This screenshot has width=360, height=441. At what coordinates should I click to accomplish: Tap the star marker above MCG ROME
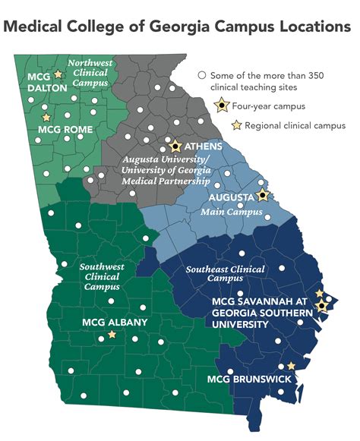click(x=46, y=118)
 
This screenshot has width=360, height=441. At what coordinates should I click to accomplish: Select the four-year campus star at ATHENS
click(x=175, y=144)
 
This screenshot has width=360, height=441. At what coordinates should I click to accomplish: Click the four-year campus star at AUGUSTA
click(x=263, y=195)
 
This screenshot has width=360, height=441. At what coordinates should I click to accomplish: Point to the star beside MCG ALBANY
click(x=112, y=334)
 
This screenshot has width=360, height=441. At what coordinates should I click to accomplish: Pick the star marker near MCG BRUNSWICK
click(x=291, y=366)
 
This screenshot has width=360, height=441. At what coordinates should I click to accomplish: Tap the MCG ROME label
click(x=65, y=130)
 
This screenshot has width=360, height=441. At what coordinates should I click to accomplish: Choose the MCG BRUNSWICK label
click(x=247, y=378)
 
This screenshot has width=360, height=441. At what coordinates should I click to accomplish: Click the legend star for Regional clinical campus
click(x=236, y=124)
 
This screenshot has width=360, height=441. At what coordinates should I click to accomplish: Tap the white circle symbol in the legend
click(x=202, y=75)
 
